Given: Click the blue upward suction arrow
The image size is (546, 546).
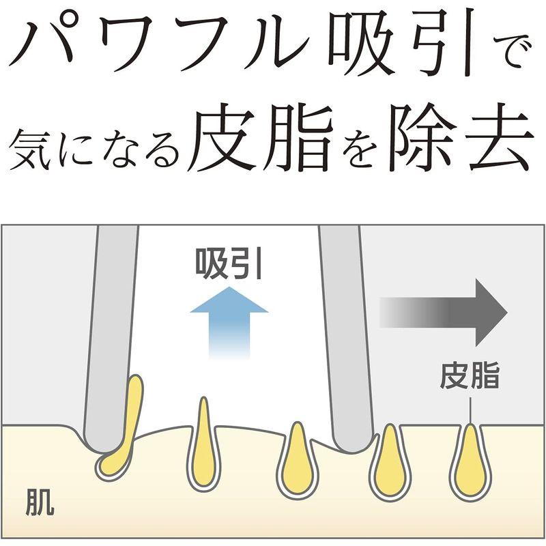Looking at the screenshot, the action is [229, 322].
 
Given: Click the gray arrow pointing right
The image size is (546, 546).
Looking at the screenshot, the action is [443, 313].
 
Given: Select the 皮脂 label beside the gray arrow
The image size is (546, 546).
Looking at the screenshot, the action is [470, 375].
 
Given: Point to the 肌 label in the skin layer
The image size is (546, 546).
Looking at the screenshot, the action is [40, 503].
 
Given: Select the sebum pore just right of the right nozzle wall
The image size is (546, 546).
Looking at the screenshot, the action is [390, 461].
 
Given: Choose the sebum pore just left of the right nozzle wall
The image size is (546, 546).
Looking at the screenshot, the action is [298, 459].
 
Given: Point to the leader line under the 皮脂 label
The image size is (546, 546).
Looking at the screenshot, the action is [470, 411].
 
